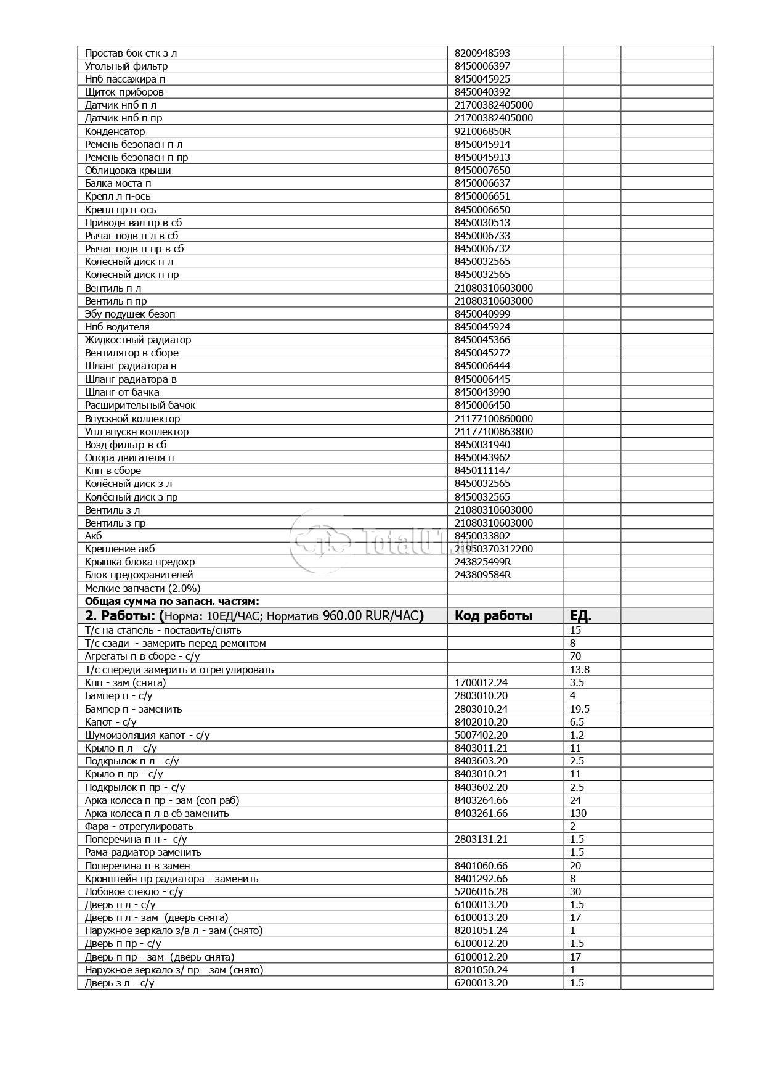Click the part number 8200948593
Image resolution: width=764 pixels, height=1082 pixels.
click(482, 53)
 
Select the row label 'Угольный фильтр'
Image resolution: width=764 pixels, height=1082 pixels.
click(126, 66)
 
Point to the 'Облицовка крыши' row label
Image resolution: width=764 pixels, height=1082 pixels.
click(128, 170)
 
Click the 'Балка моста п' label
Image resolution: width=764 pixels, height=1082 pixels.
click(118, 183)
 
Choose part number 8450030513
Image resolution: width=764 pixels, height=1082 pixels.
click(482, 223)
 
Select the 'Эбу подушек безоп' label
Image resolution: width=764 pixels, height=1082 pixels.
click(130, 314)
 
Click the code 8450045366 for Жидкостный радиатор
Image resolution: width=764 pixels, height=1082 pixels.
click(482, 340)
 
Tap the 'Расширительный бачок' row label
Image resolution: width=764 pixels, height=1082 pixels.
click(140, 405)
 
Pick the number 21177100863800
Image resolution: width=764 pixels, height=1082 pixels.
click(494, 432)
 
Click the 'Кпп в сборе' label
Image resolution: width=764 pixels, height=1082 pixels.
click(113, 470)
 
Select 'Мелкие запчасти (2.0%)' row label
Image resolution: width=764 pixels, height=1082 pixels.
click(142, 588)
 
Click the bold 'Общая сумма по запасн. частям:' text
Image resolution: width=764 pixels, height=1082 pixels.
click(172, 601)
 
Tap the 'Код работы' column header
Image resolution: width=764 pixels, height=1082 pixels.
click(493, 615)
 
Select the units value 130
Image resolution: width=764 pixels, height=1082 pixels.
click(578, 813)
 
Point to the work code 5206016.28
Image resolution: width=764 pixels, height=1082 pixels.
click(481, 891)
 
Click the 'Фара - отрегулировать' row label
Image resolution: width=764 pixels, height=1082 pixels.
click(139, 826)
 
